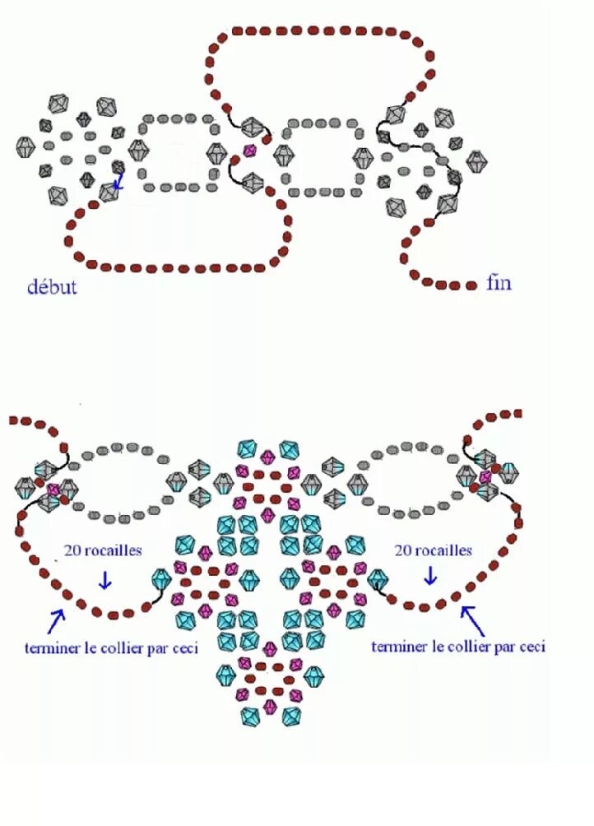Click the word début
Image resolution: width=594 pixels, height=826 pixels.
click(x=52, y=286)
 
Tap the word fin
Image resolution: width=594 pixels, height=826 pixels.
click(x=499, y=283)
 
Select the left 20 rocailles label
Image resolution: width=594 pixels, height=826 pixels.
click(x=104, y=550)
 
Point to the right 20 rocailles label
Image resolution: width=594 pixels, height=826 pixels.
click(x=433, y=550)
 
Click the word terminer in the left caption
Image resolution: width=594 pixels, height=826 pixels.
click(x=52, y=647)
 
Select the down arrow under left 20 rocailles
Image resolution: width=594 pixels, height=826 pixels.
click(x=104, y=579)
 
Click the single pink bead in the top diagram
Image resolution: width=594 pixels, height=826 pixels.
click(x=249, y=151)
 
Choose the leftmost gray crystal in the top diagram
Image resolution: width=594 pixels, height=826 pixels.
click(x=26, y=147)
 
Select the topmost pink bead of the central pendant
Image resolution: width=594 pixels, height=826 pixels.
click(x=267, y=457)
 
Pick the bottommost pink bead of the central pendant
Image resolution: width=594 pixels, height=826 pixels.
click(x=269, y=706)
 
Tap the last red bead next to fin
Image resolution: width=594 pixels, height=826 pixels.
click(x=471, y=285)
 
